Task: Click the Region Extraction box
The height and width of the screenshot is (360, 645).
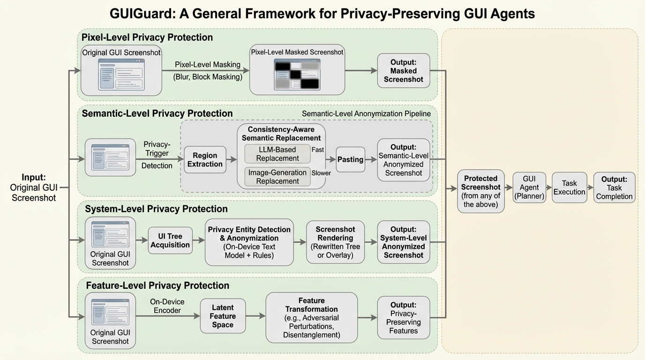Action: coord(205,159)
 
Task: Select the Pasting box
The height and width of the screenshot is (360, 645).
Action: coord(350,159)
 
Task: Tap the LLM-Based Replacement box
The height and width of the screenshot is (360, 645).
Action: coord(277,154)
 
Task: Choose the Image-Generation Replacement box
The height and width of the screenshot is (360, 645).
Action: coord(277,177)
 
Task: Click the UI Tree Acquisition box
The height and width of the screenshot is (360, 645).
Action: coord(170,240)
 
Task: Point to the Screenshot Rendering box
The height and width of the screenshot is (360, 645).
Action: coord(335,242)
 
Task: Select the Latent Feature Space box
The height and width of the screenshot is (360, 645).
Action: coord(223,316)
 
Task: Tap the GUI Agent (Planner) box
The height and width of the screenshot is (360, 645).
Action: coord(529,187)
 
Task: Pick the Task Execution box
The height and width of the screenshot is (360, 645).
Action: coord(569,187)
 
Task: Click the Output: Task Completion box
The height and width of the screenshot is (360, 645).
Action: coord(614,187)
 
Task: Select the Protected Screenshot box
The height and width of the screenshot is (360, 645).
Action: coord(481,191)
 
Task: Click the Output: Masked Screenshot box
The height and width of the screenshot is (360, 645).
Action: coord(403,70)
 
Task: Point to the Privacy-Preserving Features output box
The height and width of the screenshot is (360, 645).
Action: coord(403,317)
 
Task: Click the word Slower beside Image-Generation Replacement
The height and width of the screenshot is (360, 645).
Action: coord(321,173)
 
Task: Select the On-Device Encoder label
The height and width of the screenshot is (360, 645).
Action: coord(167,306)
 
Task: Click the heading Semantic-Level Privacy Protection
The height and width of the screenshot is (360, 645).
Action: coord(157,113)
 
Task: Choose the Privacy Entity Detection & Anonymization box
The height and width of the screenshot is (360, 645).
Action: coord(249,242)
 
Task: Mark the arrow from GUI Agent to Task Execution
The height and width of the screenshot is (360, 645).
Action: coord(549,187)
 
